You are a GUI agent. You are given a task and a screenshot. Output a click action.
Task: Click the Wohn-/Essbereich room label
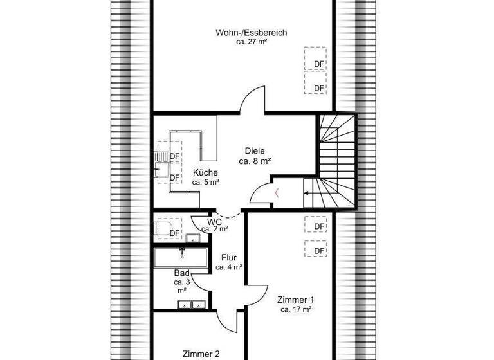tap(252, 32)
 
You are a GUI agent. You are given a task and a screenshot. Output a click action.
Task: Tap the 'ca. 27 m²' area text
tap(252, 41)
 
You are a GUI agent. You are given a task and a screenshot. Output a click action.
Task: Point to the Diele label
tap(253, 151)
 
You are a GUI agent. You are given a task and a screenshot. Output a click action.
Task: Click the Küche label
tap(205, 172)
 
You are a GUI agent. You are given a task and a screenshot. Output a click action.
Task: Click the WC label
tap(215, 221)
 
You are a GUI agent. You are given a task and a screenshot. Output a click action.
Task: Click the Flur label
tap(229, 258)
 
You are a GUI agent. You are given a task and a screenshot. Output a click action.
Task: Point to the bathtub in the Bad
tap(179, 258)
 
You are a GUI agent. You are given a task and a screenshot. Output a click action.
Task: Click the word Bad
tap(181, 273)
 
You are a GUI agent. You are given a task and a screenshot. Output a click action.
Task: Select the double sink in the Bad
tap(192, 305)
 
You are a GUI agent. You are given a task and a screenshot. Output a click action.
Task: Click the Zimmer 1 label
tap(296, 300)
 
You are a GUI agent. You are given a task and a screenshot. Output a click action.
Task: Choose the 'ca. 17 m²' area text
tap(296, 309)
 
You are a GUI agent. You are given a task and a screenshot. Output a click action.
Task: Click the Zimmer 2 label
tap(201, 353)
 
